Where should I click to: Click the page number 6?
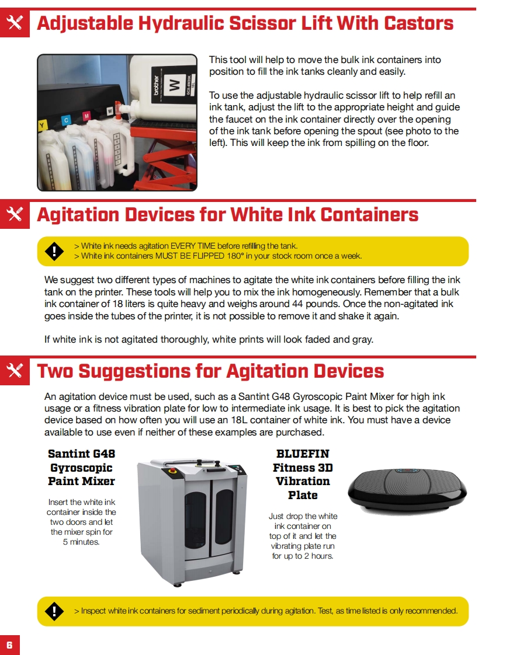tap(9, 644)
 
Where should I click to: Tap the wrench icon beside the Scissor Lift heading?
tap(15, 23)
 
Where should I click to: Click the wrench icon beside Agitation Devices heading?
tap(15, 214)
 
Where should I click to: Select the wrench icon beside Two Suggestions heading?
tap(15, 370)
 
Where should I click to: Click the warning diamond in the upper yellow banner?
tap(54, 251)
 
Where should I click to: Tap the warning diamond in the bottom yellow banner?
tap(54, 611)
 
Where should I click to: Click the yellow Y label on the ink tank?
tap(42, 126)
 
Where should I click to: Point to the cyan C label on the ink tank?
tap(66, 120)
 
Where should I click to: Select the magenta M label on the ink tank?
tap(87, 115)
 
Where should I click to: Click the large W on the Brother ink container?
tap(174, 85)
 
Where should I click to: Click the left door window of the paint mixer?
tap(195, 520)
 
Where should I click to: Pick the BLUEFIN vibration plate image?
tap(407, 489)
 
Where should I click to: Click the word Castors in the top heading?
tap(418, 23)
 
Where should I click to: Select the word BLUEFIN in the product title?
tap(303, 454)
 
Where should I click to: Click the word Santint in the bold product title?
tap(68, 454)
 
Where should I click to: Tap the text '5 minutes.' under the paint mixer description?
tap(81, 542)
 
